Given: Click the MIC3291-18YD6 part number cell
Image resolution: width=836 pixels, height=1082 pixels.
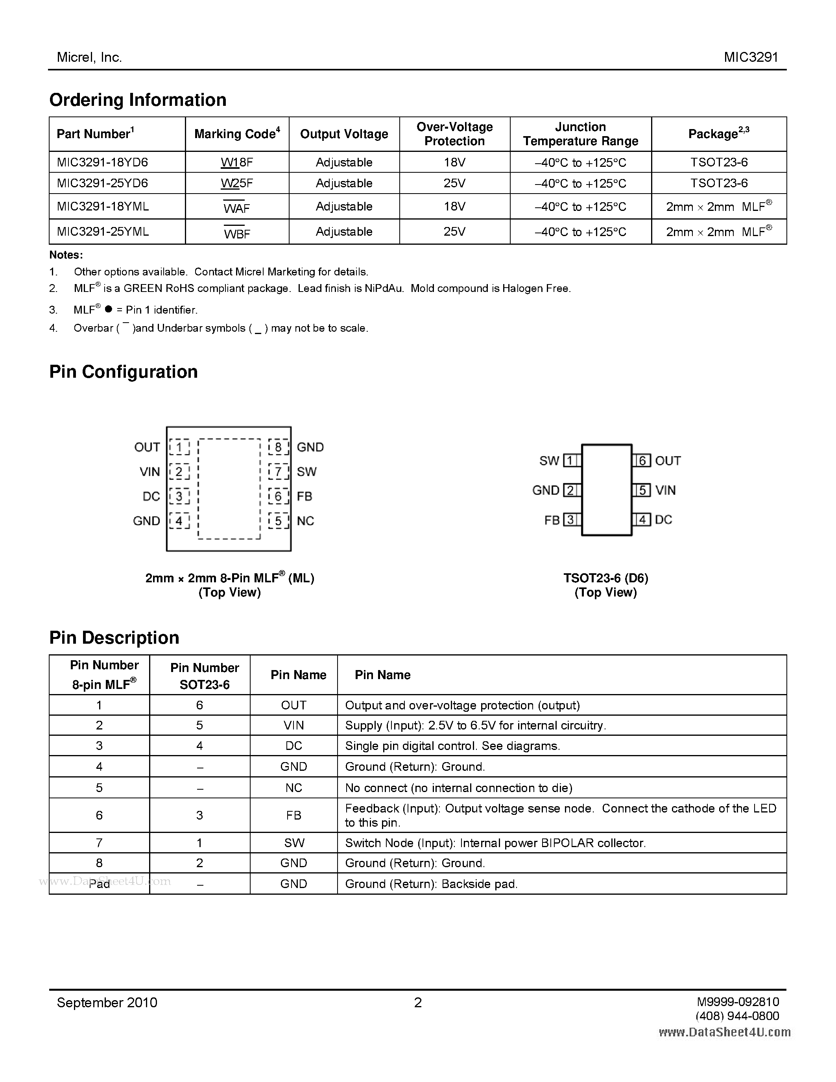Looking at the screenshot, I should pyautogui.click(x=103, y=162).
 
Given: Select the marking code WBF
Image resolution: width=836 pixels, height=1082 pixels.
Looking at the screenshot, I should pyautogui.click(x=237, y=234).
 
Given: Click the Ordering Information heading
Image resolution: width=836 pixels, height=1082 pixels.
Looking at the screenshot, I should pyautogui.click(x=138, y=100).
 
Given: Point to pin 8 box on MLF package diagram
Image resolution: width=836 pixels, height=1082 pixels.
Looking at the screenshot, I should pyautogui.click(x=278, y=447).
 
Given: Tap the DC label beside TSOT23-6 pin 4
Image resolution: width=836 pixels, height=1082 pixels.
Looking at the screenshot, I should pyautogui.click(x=664, y=520).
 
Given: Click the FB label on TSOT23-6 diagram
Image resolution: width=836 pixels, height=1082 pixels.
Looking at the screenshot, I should pyautogui.click(x=552, y=520).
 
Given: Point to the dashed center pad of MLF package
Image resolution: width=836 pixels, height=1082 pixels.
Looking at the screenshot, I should pyautogui.click(x=229, y=489).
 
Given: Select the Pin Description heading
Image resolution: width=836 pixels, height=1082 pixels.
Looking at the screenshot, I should pyautogui.click(x=114, y=638).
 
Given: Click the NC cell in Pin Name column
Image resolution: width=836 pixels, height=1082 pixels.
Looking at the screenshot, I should pyautogui.click(x=294, y=788).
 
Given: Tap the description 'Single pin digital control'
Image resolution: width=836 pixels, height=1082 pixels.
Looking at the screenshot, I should pyautogui.click(x=452, y=746).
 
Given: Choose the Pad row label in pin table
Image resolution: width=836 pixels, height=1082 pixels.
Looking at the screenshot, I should pyautogui.click(x=99, y=884).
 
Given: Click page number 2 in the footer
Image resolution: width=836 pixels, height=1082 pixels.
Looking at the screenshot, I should pyautogui.click(x=418, y=1003).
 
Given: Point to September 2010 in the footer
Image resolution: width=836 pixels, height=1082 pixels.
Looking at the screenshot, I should pyautogui.click(x=107, y=1003).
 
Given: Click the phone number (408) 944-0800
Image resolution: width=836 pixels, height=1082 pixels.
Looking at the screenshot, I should pyautogui.click(x=737, y=1016).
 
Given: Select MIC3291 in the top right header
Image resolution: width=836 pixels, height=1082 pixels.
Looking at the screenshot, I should pyautogui.click(x=751, y=57).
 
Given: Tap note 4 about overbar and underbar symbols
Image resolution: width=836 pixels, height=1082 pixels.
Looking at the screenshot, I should pyautogui.click(x=220, y=328).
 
